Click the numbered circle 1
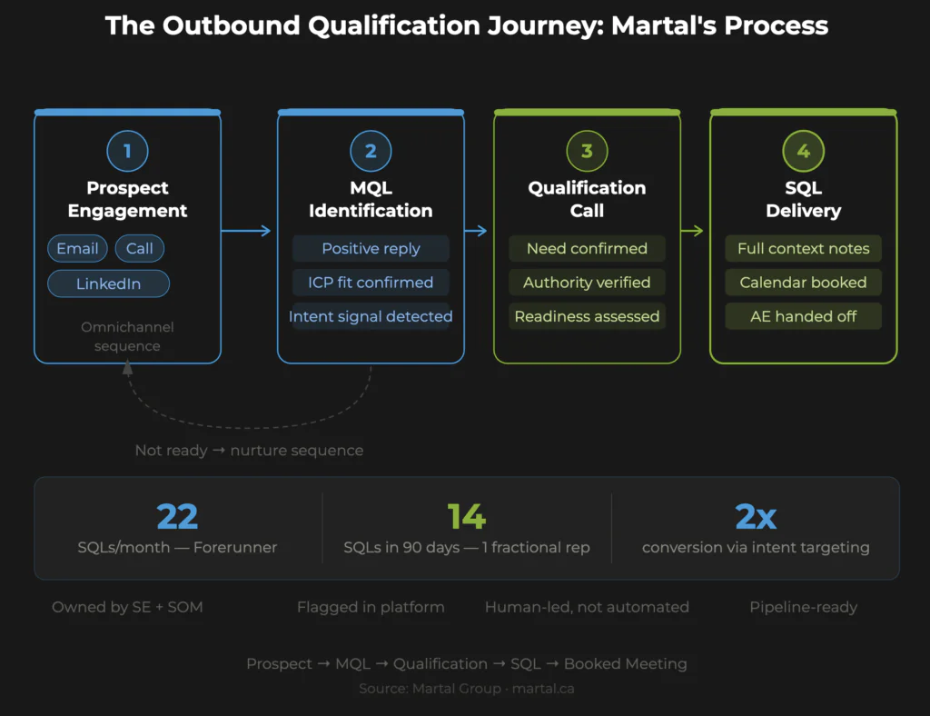point(127,151)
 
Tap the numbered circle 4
point(803,151)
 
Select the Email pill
point(77,249)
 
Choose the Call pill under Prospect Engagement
point(140,249)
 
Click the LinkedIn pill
point(108,283)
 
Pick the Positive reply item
point(371,249)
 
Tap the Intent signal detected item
point(371,316)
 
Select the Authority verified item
point(587,283)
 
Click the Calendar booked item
point(803,283)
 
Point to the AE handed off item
point(803,316)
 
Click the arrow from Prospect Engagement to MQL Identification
point(247,231)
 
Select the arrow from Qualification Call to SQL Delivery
point(693,231)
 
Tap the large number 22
point(177,516)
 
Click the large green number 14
point(467,516)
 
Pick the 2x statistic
point(756,516)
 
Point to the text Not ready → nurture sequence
point(249,451)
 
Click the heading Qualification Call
point(587,199)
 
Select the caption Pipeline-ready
point(803,607)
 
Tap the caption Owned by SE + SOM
point(127,607)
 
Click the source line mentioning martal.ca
point(466,689)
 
